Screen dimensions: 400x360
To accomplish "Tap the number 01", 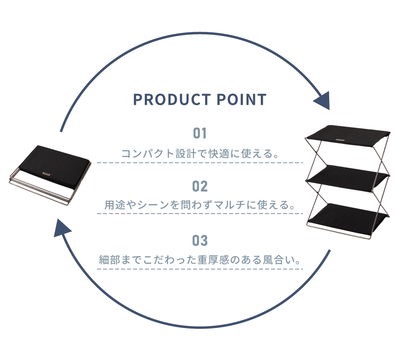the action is point(200,133).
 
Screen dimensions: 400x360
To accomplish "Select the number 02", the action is point(200,186).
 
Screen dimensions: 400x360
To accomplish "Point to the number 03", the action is point(200,240).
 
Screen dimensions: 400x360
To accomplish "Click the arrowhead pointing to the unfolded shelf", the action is point(322,100).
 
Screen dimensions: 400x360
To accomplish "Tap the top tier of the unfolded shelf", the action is point(348,136).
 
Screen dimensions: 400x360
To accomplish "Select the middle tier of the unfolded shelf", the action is point(348,178).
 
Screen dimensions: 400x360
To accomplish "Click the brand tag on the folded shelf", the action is point(46,174).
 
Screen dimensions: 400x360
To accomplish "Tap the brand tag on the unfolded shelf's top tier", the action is point(340,140).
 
